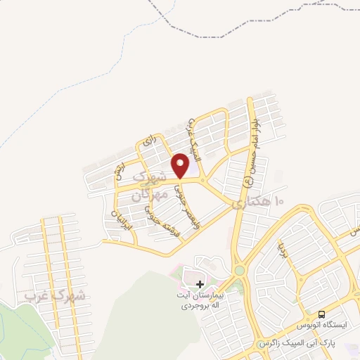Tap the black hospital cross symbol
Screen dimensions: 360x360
(200, 284)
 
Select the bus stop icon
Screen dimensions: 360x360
(321, 314)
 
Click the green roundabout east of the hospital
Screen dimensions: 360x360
(239, 269)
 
